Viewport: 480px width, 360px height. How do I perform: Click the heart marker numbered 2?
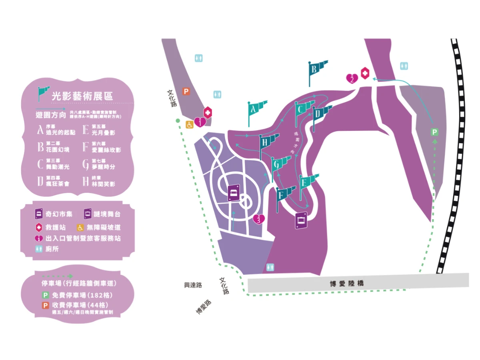[x=352, y=78]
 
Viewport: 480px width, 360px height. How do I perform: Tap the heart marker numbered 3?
[x=259, y=219]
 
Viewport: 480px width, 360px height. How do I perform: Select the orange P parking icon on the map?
[x=186, y=92]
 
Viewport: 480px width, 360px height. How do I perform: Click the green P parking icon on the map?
[x=434, y=132]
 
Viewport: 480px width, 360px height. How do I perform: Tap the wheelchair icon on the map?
[x=189, y=125]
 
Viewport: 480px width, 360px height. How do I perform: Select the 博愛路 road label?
[x=204, y=307]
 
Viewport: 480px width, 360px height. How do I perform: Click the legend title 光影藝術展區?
[x=82, y=96]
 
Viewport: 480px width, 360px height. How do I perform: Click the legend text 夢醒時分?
[x=103, y=167]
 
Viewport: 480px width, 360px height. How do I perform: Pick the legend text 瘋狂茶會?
[x=58, y=184]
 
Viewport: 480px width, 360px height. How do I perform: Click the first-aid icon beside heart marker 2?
[x=365, y=74]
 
